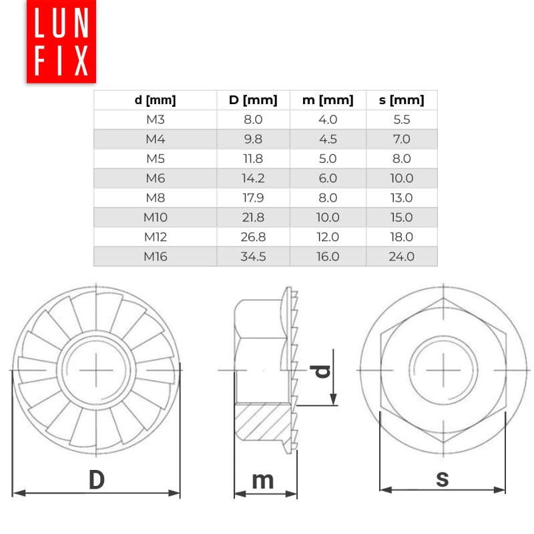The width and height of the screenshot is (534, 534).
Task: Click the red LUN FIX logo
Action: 61,41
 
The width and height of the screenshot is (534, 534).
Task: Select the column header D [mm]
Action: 252,101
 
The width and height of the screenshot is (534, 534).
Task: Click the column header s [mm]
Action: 401,101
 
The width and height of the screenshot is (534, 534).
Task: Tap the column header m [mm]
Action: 328,101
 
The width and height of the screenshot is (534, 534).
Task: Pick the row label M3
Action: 155,120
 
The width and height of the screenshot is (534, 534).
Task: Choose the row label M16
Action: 155,256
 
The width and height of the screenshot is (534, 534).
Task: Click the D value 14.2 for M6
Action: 252,178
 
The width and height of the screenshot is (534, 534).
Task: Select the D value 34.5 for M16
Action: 252,256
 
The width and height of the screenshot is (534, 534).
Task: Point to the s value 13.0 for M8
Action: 401,198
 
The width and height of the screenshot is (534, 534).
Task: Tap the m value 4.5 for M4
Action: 328,140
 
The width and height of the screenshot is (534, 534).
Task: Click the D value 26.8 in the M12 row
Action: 252,237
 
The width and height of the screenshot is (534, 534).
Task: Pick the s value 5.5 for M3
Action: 401,120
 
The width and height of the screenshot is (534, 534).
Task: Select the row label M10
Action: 155,218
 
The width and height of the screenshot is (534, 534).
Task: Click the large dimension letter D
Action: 97,480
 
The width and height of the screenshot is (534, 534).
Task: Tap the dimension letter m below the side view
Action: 264,480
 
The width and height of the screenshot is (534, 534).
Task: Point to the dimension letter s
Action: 442,478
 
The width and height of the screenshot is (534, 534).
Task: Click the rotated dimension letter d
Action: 323,370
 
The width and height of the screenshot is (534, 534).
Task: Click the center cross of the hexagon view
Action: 443,369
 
